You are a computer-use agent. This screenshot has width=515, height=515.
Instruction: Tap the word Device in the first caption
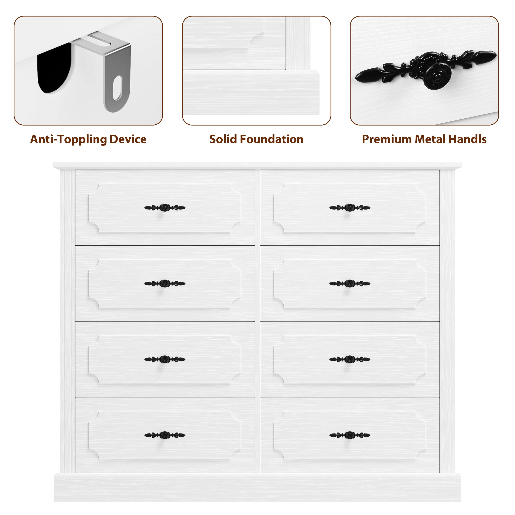[128, 139]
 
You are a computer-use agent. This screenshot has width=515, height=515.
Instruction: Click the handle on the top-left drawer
[165, 208]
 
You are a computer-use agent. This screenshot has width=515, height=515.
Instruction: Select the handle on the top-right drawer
[350, 208]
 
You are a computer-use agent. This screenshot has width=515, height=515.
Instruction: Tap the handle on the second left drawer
[165, 283]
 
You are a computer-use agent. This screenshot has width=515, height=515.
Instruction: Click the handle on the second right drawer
[350, 283]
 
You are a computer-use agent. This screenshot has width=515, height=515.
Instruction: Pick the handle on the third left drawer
[165, 359]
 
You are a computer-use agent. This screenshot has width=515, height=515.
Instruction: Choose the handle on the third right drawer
[350, 359]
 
